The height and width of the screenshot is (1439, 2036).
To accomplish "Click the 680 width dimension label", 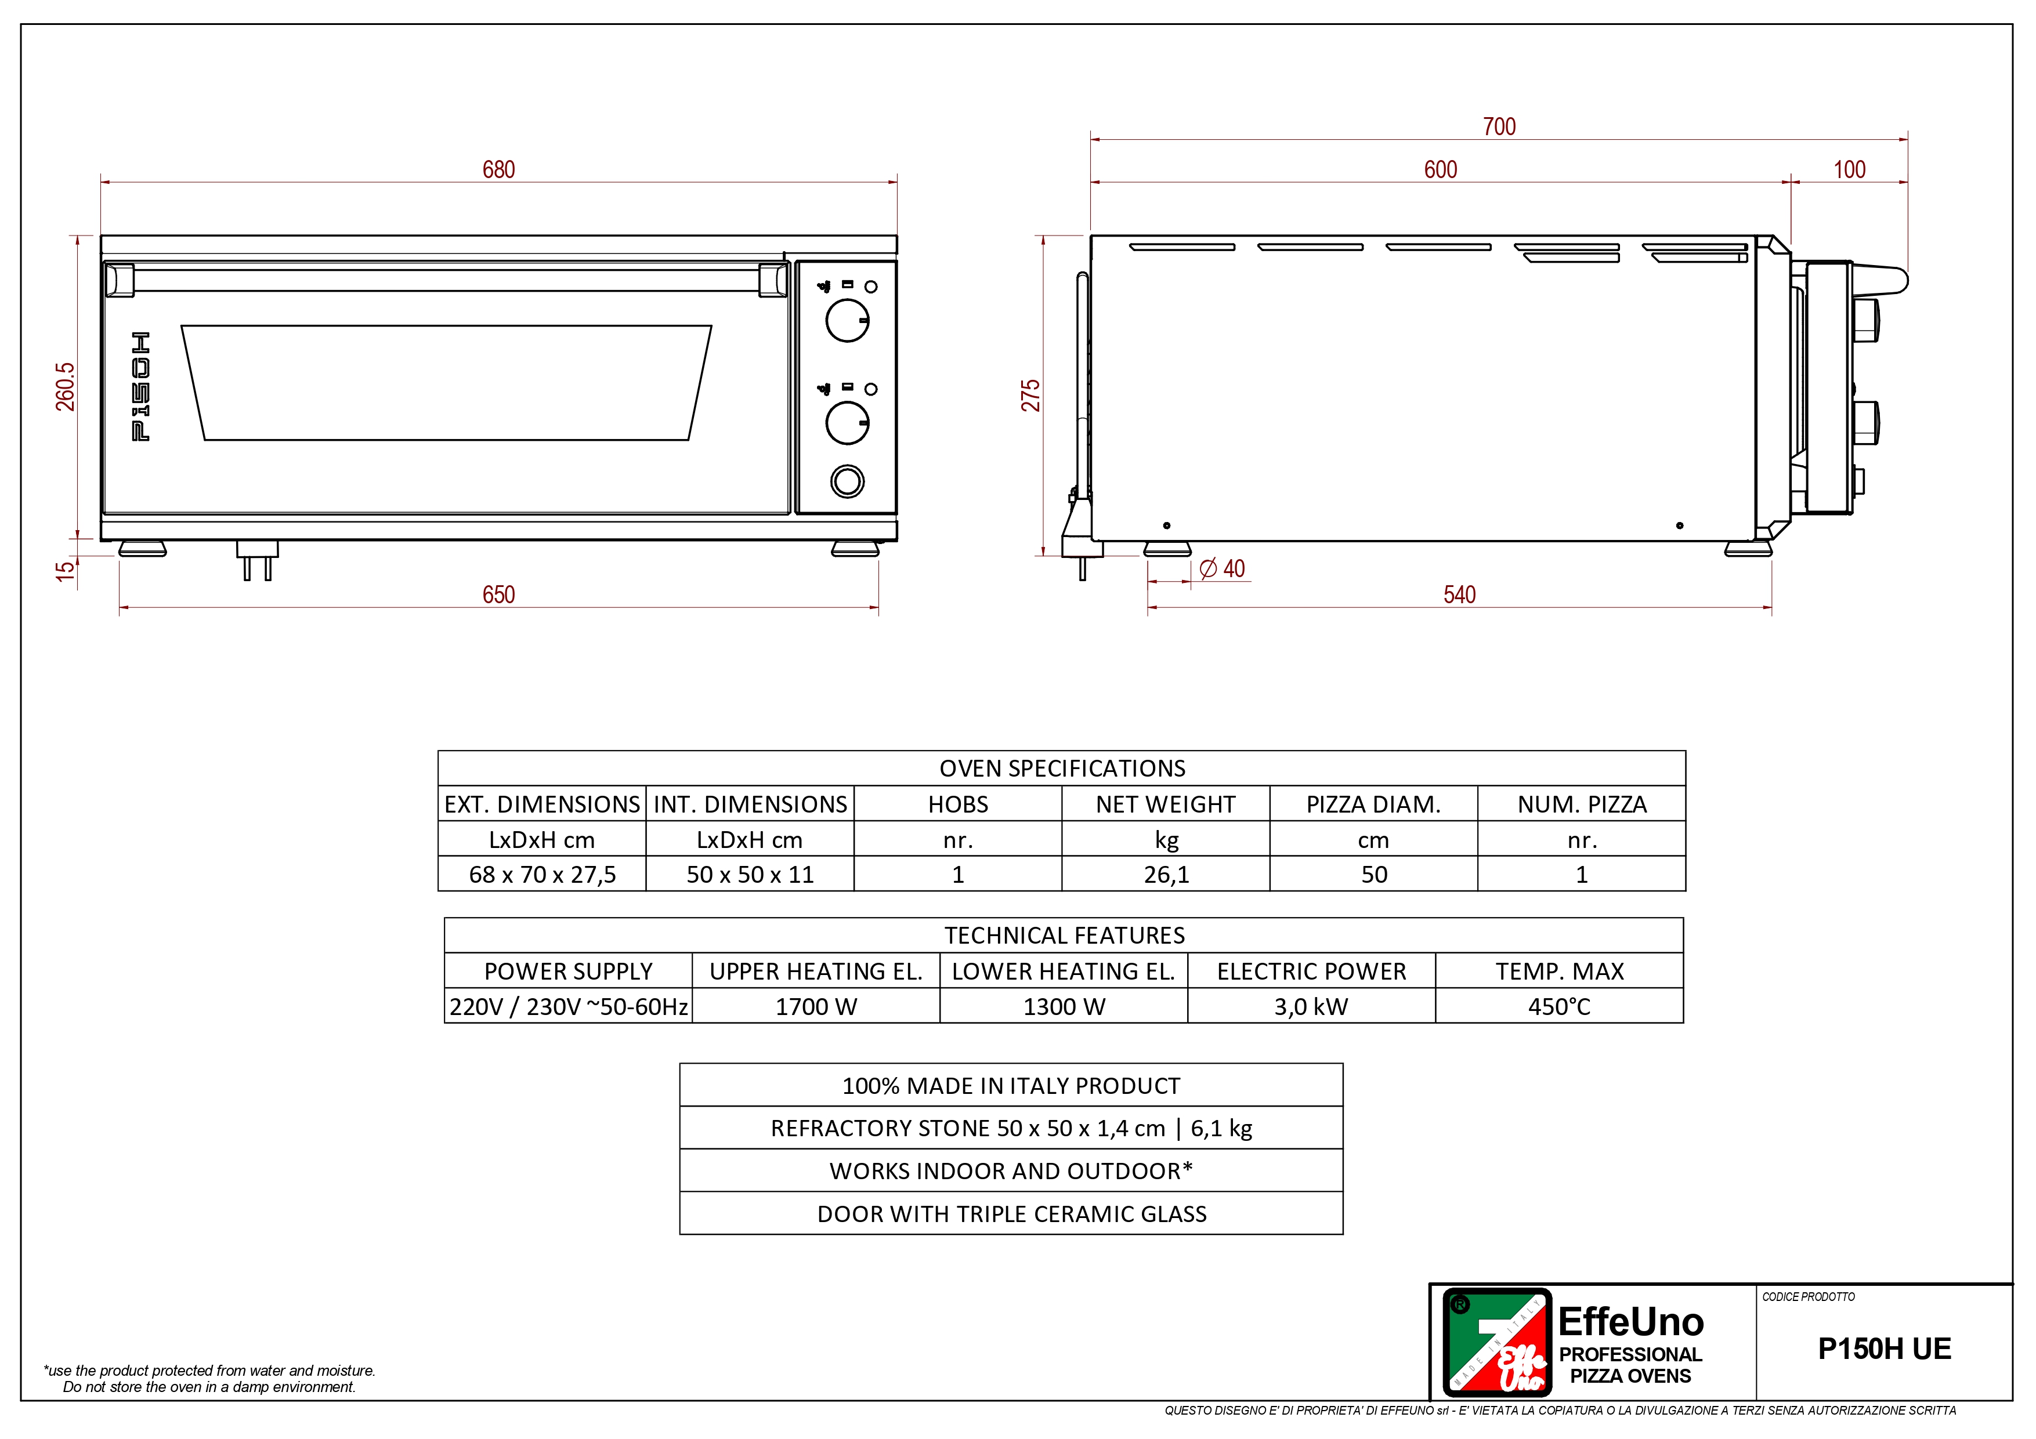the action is coord(498,169).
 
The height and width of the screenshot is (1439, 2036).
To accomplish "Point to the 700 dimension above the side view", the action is coord(1499,127).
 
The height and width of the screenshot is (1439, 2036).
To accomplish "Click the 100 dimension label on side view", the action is coord(1849,169).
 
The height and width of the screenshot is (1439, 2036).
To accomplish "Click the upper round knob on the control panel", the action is coord(848,321).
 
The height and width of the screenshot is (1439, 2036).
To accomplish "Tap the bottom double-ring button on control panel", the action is coord(848,481).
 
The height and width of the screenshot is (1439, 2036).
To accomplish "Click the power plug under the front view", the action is coord(257,560).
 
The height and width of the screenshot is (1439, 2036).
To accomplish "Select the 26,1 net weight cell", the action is coord(1166,874).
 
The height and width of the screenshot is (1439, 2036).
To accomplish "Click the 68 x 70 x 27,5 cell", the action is coord(542,874).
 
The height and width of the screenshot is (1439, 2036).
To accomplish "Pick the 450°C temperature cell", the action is coord(1559,1006).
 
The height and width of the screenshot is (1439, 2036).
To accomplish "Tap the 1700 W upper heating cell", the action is coord(816,1006).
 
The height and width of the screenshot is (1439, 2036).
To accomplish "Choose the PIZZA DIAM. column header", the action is coord(1373,804).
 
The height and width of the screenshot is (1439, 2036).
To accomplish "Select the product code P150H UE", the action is coord(1885,1349).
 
